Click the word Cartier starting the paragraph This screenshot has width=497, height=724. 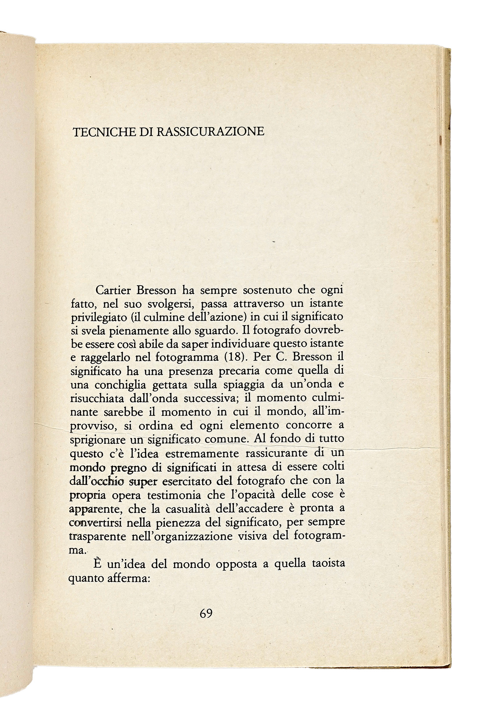click(x=113, y=291)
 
